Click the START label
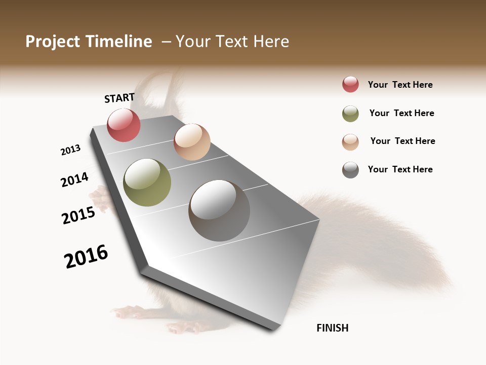point(119,98)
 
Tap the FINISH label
point(332,328)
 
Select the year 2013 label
point(71,150)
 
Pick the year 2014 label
point(75,180)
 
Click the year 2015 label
point(78,215)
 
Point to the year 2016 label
point(86,257)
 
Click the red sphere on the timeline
point(124,125)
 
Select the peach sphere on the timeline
point(192,142)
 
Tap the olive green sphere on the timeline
point(147,182)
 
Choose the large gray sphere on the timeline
point(219,210)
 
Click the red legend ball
point(350,85)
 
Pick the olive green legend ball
point(350,114)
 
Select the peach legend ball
point(350,141)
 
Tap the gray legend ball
point(350,170)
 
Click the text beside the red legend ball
point(400,85)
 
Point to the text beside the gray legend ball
point(400,169)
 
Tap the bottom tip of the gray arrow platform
point(274,328)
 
